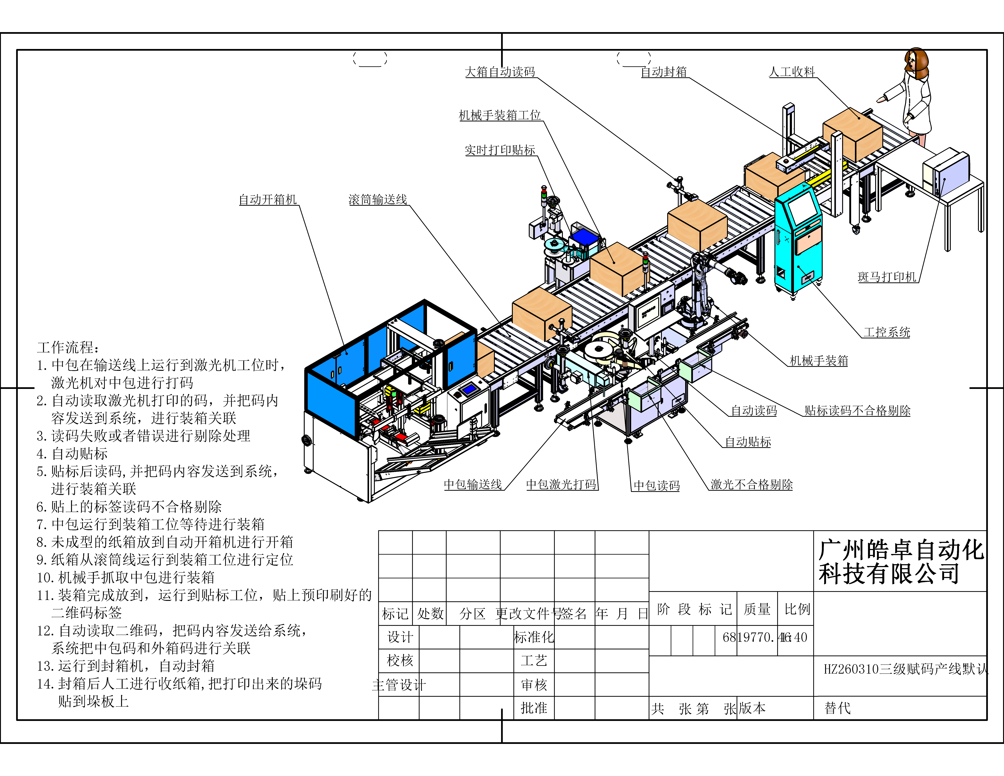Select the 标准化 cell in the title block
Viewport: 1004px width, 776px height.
coord(534,637)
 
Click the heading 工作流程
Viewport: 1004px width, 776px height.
coord(68,347)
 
